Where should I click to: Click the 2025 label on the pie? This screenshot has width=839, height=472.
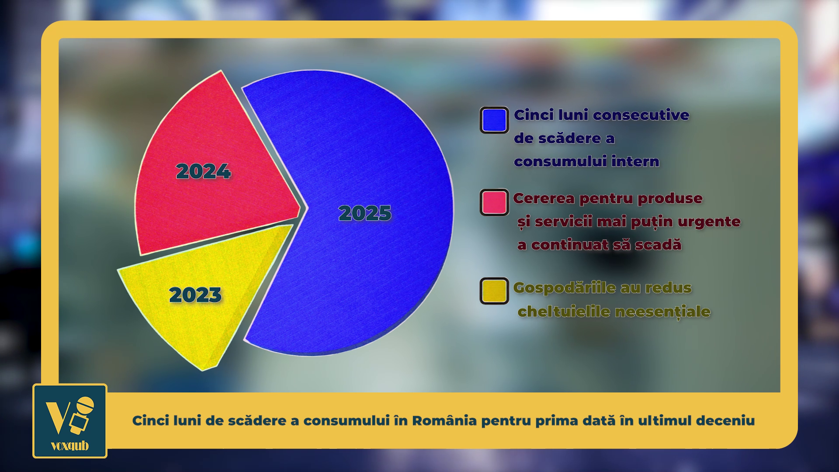click(x=365, y=213)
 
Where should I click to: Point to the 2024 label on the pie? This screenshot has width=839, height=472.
click(x=203, y=171)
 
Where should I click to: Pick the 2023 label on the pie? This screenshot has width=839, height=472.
click(x=195, y=295)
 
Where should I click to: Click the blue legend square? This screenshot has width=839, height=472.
click(x=494, y=120)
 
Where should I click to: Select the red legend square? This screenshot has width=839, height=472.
click(x=494, y=202)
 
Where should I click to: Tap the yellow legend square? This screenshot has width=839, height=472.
click(x=494, y=291)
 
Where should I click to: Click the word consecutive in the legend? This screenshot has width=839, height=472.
click(x=641, y=115)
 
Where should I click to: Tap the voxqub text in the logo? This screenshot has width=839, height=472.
click(x=70, y=446)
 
